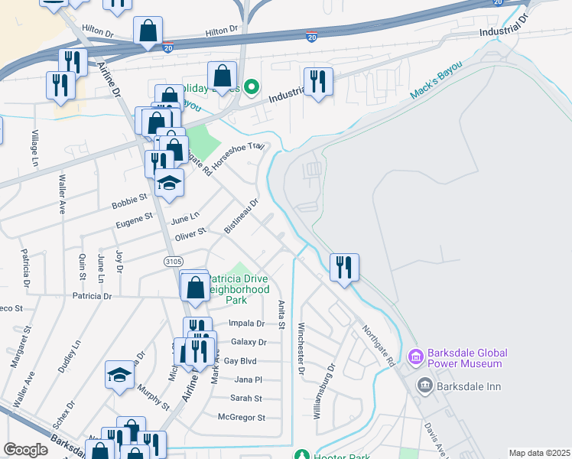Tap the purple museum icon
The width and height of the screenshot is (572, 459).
click(x=415, y=356)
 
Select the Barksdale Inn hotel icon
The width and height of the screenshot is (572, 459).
click(x=424, y=386)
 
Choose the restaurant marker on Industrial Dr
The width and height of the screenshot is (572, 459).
click(x=317, y=82)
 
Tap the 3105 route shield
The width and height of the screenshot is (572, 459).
click(x=172, y=262)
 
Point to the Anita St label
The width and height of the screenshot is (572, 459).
click(x=281, y=316)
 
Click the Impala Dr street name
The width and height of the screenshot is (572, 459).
click(x=245, y=324)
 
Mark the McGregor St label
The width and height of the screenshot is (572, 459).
click(x=241, y=418)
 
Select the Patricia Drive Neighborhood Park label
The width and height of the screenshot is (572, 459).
click(x=238, y=290)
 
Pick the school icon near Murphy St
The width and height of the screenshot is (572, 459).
click(x=120, y=375)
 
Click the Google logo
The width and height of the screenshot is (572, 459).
click(x=26, y=450)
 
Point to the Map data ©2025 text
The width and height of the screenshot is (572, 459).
click(x=539, y=453)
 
